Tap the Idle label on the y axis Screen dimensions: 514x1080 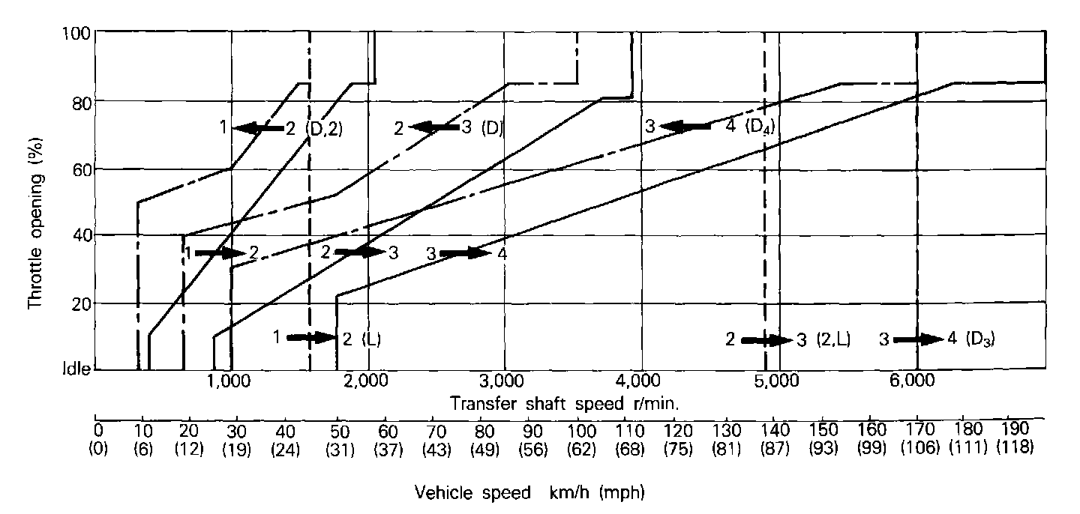click(x=75, y=370)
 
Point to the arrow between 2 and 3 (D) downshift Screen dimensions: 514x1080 click(x=434, y=128)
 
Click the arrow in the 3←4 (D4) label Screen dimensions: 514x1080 click(x=684, y=127)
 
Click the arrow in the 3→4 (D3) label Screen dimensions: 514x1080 click(x=919, y=339)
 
